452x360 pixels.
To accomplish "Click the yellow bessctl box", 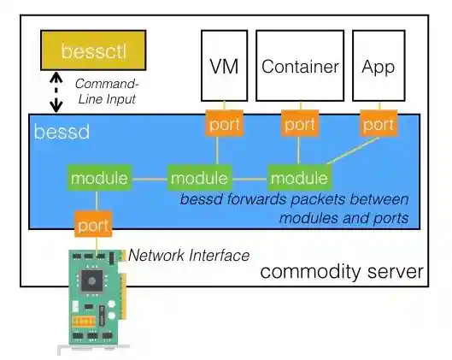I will (93, 50).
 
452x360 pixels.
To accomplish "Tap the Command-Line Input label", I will (105, 91).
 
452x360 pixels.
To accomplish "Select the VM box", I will (224, 66).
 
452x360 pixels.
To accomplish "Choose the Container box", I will (300, 66).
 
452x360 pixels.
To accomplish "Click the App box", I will (378, 66).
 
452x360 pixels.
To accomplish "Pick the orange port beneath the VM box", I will (224, 124).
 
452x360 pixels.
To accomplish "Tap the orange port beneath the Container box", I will (300, 124).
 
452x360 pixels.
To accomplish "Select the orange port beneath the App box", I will (378, 124).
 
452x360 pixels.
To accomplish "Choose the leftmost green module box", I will (99, 179).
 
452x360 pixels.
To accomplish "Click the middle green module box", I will (199, 179).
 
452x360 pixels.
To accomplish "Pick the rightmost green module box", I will (299, 179).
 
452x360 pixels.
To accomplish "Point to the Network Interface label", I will (188, 255).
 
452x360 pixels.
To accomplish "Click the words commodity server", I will (342, 273).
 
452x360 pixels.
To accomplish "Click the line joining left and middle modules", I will (149, 180).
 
